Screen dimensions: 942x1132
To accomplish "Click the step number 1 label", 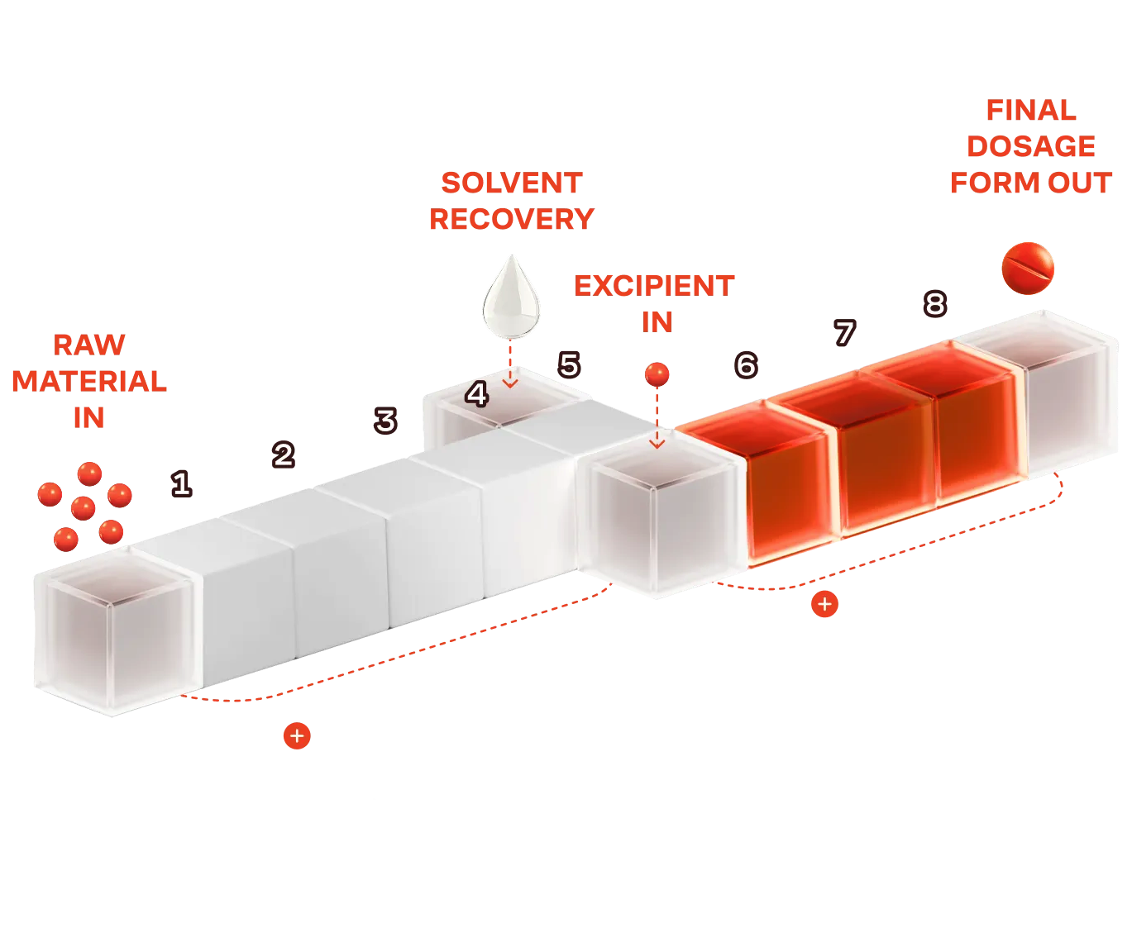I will coord(181,483).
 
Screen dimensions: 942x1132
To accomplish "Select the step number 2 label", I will coord(284,454).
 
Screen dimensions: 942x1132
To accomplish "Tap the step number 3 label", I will coord(385,421).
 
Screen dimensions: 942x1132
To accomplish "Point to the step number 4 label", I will coord(476,394).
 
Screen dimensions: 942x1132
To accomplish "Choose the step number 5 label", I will coord(569,364).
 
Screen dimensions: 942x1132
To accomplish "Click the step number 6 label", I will coord(746,364).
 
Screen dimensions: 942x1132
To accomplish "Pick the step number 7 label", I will coord(844,333).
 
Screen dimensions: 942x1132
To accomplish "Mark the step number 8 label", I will coord(934,304).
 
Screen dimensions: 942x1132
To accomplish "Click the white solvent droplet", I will coord(511,298).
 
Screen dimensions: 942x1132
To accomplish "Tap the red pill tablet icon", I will coord(1028,268).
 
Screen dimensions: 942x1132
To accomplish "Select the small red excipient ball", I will coord(657,374).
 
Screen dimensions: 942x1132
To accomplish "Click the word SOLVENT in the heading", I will coord(512,183).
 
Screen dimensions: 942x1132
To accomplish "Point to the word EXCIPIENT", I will coord(654,286).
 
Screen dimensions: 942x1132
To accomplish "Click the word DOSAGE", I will coord(1031,146).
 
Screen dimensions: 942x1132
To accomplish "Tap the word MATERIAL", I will coord(89,381).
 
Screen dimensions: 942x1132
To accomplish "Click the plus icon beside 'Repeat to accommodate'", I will coord(297,735).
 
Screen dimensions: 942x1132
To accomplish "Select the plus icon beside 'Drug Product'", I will coord(824,604).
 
